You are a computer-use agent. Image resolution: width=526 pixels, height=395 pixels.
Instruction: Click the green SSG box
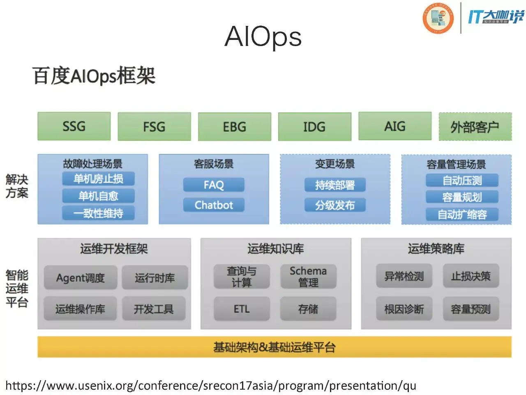(74, 126)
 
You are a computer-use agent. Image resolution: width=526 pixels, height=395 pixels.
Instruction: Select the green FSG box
(155, 126)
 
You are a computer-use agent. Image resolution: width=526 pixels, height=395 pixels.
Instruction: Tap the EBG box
(235, 126)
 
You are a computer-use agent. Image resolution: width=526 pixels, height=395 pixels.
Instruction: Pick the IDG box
(315, 126)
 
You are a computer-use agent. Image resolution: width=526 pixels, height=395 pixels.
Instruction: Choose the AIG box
(395, 126)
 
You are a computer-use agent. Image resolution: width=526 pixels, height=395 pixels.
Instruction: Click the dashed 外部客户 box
(475, 126)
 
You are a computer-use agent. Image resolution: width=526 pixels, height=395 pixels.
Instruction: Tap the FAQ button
(214, 185)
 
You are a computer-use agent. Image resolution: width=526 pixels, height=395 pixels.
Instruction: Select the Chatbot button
(214, 205)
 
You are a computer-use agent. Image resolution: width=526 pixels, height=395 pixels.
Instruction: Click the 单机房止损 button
(98, 179)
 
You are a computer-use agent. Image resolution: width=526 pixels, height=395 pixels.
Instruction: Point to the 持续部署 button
(335, 185)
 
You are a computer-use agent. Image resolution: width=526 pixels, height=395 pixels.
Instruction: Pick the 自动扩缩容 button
(462, 214)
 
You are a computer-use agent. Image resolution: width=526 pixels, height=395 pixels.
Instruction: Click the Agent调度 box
(81, 277)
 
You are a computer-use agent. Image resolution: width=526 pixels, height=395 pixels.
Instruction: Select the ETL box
(242, 309)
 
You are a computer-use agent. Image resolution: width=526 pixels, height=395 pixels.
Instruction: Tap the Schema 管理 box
(309, 276)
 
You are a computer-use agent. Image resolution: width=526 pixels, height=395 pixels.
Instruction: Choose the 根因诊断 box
(404, 309)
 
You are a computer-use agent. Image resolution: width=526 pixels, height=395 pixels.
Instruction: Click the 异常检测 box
(404, 276)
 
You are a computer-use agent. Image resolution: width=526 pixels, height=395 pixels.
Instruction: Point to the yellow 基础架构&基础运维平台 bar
(275, 347)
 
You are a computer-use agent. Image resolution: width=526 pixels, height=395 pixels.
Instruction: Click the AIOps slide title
(263, 37)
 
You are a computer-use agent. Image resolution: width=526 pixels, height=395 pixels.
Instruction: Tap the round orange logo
(438, 18)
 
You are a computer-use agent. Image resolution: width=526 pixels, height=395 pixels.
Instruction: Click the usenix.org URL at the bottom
(211, 386)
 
